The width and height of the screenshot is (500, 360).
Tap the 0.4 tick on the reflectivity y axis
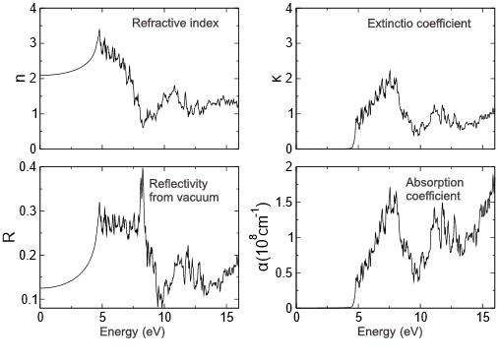(26, 168)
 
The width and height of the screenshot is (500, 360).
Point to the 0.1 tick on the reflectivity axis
(26, 299)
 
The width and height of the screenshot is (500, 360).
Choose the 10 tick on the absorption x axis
(421, 319)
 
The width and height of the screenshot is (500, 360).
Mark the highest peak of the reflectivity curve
(143, 169)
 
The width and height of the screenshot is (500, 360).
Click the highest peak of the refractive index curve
(98, 30)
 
